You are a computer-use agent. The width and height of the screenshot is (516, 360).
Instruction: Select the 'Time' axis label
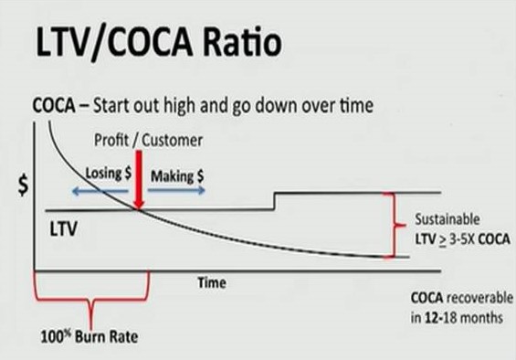(212, 282)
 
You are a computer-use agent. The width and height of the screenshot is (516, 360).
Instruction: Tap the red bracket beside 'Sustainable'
(394, 225)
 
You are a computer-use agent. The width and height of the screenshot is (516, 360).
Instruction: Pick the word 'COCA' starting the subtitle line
(55, 105)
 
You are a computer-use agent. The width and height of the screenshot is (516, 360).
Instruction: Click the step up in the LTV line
(273, 201)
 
